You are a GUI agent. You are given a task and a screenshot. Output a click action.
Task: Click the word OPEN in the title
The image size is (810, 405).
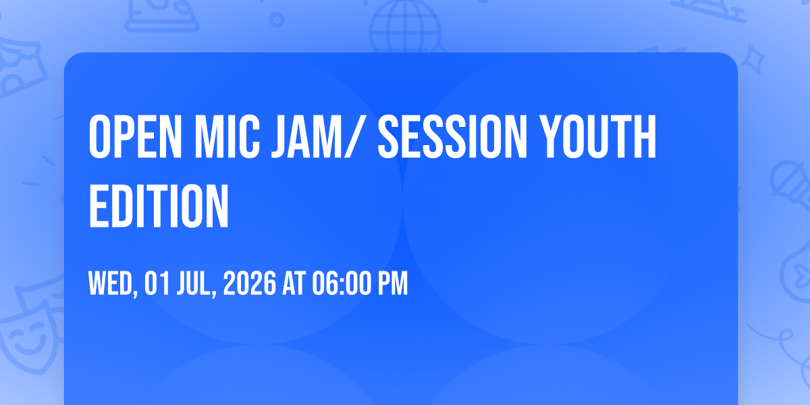coord(135,136)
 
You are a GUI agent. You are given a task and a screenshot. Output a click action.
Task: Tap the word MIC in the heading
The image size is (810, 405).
coord(227,136)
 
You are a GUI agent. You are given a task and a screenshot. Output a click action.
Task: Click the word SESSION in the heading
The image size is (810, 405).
coord(452,136)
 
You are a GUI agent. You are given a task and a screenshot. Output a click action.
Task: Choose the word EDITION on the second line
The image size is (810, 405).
coord(159,206)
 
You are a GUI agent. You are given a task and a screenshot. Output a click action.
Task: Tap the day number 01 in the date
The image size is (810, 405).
coord(157,283)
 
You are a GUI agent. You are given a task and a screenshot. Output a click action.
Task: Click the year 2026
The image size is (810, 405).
coord(250,283)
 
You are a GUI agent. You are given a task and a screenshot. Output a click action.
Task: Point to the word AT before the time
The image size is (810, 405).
coord(294,283)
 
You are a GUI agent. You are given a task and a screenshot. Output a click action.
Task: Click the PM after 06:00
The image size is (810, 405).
coord(393,283)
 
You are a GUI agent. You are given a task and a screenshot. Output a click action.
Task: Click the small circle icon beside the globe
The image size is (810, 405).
coord(277,20)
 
